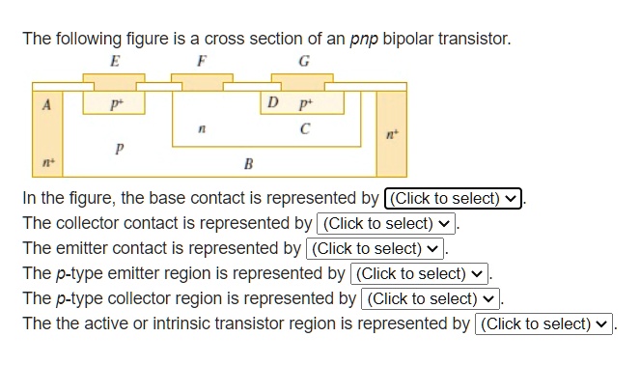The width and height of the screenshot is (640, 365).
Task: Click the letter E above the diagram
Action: [116, 61]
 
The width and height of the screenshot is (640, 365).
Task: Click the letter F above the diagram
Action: [202, 61]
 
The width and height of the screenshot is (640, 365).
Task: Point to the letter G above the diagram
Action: [305, 61]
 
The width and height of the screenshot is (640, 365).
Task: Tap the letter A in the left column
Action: [44, 102]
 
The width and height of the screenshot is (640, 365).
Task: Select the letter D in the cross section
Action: [273, 102]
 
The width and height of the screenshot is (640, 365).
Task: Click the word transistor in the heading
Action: [470, 40]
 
